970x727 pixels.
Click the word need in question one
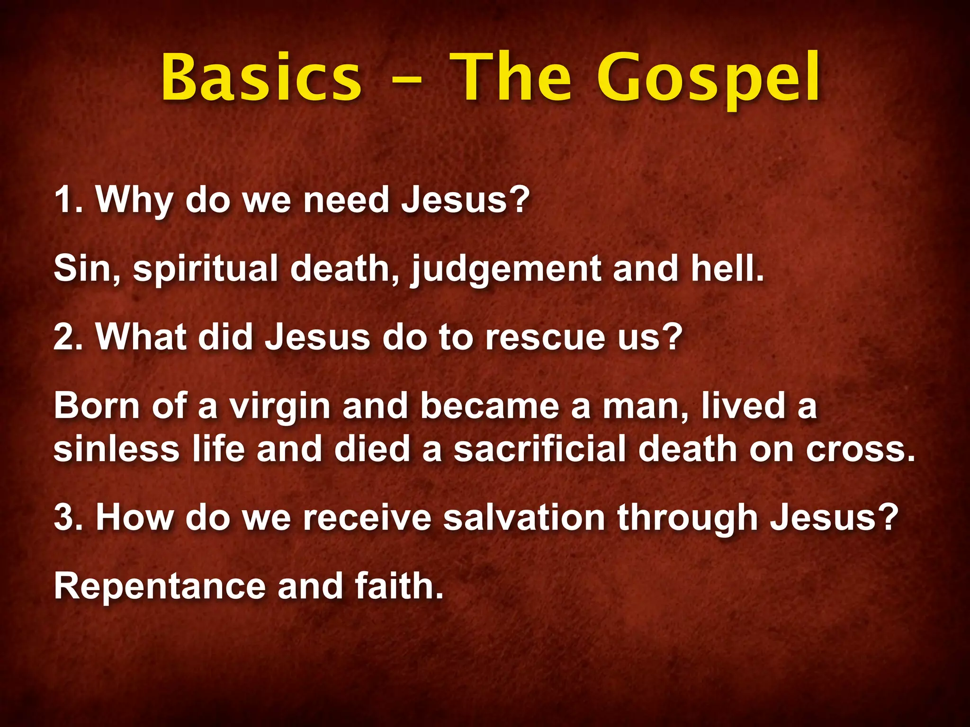click(x=346, y=200)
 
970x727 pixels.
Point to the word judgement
click(x=506, y=269)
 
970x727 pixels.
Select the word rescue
click(x=545, y=338)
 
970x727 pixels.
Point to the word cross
click(x=860, y=450)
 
